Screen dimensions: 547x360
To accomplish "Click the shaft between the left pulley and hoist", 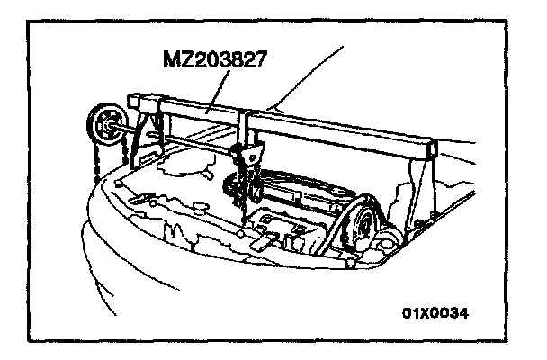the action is coord(180,140).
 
